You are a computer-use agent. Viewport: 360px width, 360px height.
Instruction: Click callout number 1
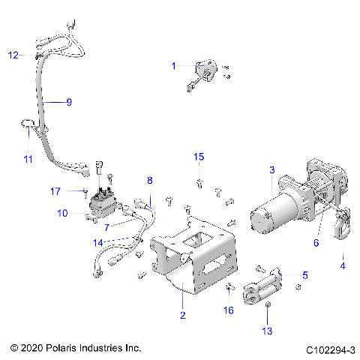(x=173, y=66)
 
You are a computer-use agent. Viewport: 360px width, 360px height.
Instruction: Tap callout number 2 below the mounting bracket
(x=182, y=316)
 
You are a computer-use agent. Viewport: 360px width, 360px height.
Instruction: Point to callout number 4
(x=344, y=265)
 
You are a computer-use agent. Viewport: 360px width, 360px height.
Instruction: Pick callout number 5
(x=304, y=275)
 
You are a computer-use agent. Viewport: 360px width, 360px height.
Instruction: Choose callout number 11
(x=27, y=159)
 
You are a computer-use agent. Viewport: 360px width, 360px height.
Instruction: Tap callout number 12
(x=13, y=55)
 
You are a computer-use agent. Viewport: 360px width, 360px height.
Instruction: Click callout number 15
(x=199, y=156)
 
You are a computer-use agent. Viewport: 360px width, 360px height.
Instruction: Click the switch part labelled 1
(x=202, y=71)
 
